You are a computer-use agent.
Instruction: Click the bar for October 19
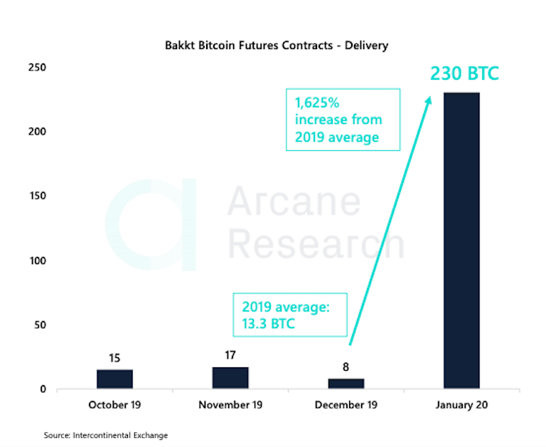click(114, 379)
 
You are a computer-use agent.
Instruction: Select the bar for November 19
click(230, 378)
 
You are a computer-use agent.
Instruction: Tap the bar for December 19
click(346, 384)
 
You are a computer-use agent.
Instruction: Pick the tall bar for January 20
click(461, 241)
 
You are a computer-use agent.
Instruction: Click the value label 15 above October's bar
click(114, 358)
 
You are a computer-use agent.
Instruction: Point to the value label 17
click(230, 355)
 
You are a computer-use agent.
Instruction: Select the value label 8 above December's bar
click(346, 367)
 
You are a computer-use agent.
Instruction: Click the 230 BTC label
click(464, 73)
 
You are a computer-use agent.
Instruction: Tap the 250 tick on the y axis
click(37, 68)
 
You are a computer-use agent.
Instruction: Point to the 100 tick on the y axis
click(38, 261)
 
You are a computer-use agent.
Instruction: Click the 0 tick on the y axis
click(43, 389)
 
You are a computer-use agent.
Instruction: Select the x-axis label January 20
click(461, 405)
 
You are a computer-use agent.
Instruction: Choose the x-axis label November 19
click(230, 405)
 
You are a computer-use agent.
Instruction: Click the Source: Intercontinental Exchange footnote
click(106, 435)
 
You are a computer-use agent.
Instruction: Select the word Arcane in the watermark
click(294, 201)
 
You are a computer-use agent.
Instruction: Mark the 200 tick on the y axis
click(37, 132)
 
